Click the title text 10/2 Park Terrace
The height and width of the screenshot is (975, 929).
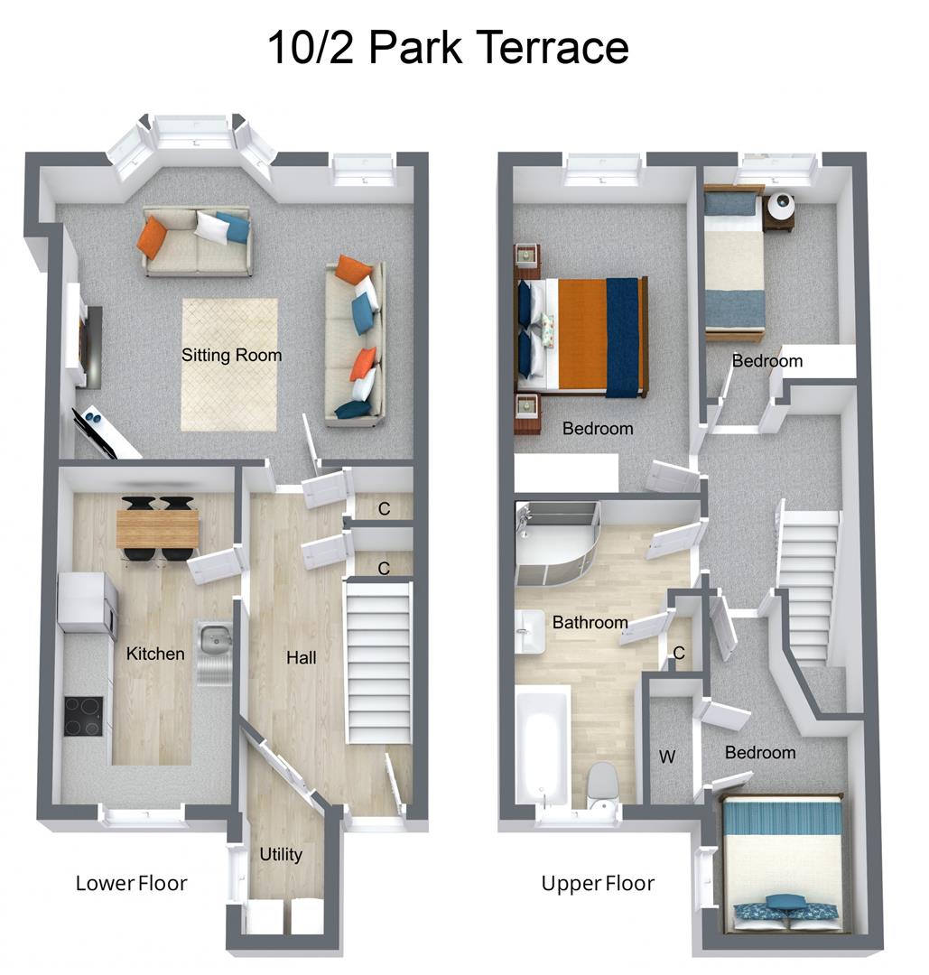click(x=448, y=47)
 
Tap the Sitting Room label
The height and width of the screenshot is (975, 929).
click(x=232, y=355)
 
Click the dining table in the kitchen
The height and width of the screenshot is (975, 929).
click(x=157, y=528)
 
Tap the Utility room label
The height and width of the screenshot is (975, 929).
click(x=281, y=854)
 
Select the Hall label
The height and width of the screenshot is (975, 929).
click(x=302, y=658)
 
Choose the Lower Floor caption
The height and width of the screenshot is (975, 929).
click(x=132, y=883)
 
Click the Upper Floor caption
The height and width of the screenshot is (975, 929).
click(x=598, y=883)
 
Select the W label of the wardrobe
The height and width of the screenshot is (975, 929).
click(x=666, y=757)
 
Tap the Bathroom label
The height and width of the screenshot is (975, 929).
click(x=590, y=622)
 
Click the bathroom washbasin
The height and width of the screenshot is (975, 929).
click(x=530, y=630)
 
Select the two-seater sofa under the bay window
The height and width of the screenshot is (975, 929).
click(x=197, y=242)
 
